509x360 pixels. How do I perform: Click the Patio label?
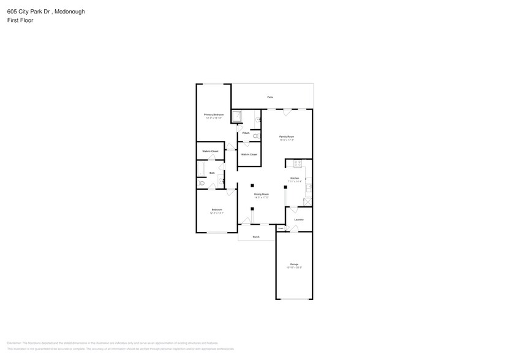(x=270, y=97)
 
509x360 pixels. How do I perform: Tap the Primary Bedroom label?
(x=214, y=114)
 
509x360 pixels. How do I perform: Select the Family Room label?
(x=287, y=137)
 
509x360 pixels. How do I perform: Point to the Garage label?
(x=294, y=264)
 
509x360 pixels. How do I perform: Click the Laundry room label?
(x=299, y=220)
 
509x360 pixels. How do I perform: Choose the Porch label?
(x=256, y=236)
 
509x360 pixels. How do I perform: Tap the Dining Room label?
(x=262, y=194)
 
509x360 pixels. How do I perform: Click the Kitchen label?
(x=295, y=178)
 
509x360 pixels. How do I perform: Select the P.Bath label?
(x=246, y=133)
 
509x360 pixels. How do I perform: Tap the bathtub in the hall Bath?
(x=200, y=168)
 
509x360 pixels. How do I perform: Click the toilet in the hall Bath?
(x=200, y=182)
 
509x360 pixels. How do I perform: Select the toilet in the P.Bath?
(x=255, y=135)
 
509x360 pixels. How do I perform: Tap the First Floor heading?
(x=20, y=20)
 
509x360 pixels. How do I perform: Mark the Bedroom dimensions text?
(x=217, y=213)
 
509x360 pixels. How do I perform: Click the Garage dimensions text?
(x=294, y=268)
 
